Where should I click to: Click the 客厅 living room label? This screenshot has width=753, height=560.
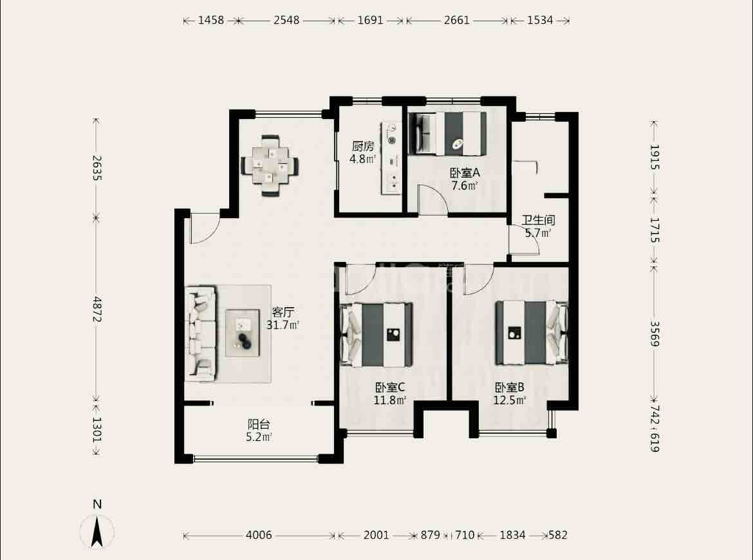283,312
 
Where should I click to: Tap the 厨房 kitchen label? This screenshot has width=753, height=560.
362,146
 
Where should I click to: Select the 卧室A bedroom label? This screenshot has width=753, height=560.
465,173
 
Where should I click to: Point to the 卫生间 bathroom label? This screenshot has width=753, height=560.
538,220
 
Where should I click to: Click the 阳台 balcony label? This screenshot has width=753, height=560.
259,425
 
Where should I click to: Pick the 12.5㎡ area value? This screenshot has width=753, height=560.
510,400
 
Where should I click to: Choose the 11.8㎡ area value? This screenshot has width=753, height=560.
390,400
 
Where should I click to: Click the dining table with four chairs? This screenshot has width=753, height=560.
270,165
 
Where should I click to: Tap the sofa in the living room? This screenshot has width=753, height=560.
201,334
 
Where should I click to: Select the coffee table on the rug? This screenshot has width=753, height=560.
243,333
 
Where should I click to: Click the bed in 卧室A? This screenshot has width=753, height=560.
447,134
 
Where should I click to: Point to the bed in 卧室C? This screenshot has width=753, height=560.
376,334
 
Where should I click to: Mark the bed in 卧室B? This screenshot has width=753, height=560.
532,332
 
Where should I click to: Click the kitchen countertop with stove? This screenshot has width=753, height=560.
391,158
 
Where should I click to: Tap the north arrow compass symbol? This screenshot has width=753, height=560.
97,530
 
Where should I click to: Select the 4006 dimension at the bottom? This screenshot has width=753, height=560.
259,535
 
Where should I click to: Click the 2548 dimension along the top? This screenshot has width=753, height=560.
286,20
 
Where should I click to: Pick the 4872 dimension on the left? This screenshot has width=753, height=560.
97,309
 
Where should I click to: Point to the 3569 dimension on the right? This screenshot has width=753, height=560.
655,333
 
